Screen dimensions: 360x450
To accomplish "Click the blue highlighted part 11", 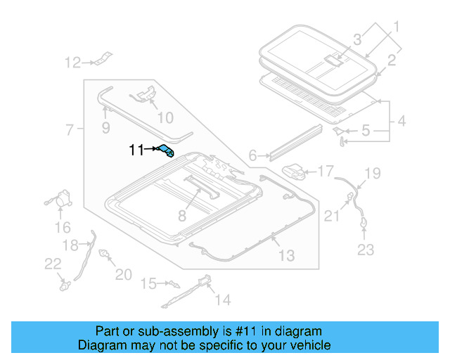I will [167, 150].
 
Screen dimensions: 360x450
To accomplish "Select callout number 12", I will [73, 63].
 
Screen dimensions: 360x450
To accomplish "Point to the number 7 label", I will [69, 130].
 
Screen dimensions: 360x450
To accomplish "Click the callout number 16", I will [63, 227].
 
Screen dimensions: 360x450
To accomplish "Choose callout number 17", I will [325, 171].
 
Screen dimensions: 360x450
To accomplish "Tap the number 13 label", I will [286, 256].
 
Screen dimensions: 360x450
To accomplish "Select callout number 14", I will [222, 300].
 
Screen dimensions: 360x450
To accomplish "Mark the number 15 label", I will [148, 283].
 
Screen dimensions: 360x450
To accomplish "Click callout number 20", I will [123, 274].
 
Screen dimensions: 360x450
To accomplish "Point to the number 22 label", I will [53, 264].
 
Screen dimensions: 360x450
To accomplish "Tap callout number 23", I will [366, 249].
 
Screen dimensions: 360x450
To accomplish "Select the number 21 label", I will [331, 217].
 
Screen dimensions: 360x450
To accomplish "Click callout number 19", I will [372, 173].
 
